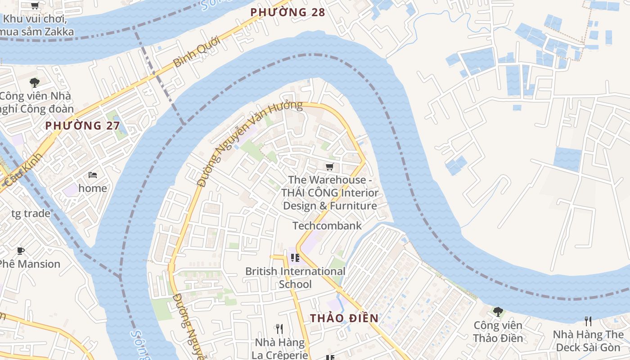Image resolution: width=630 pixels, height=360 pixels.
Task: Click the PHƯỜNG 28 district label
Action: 288,12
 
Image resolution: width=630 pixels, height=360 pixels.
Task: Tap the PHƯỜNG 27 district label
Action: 82,126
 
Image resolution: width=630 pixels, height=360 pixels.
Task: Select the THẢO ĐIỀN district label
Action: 344,318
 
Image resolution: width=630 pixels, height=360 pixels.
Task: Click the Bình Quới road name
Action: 196,52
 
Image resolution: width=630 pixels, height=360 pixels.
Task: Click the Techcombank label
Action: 327,225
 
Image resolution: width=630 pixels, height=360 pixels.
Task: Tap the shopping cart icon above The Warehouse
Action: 330,167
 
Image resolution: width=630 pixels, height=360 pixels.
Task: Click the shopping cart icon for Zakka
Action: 35,6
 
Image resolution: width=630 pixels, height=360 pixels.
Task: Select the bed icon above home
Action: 93,175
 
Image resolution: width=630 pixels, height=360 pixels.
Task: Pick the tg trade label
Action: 31,213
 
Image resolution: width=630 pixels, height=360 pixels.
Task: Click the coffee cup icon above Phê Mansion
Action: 20,251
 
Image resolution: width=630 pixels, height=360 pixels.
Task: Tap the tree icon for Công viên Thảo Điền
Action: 498,311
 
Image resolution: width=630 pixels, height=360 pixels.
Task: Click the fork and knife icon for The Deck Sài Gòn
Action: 588,321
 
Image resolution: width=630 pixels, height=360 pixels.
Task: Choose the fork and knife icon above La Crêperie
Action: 279,329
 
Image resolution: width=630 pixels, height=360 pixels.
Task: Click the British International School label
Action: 295,278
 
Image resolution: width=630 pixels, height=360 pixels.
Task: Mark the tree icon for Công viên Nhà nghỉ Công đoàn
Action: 35,83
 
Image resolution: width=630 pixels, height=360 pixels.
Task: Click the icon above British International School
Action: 295,258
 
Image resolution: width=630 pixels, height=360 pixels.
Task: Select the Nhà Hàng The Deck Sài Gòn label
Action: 588,341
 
